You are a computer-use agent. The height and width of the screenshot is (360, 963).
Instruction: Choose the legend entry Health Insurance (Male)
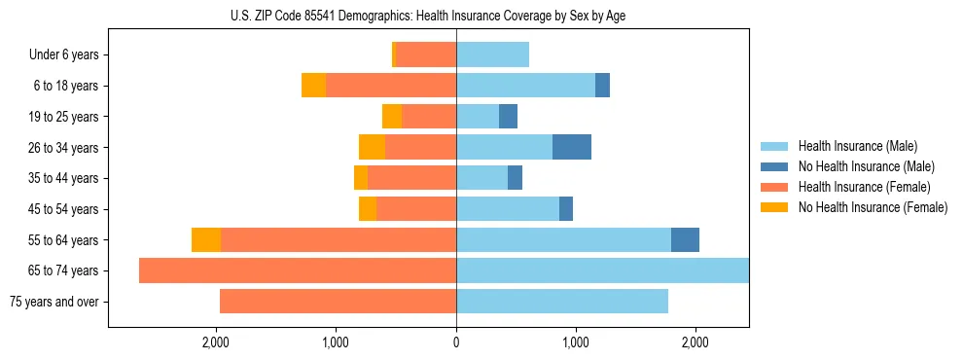tap(857, 146)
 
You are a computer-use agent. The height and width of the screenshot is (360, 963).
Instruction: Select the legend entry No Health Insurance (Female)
tap(873, 207)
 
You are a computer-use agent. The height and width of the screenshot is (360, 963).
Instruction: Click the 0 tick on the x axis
tap(456, 342)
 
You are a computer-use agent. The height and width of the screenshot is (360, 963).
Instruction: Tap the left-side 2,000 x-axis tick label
tap(215, 342)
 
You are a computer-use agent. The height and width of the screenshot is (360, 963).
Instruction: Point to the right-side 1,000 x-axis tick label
tap(576, 342)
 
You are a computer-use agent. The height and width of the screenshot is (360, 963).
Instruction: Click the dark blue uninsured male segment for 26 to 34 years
tap(572, 147)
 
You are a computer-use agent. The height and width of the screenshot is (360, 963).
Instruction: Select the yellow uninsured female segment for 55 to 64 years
tap(206, 239)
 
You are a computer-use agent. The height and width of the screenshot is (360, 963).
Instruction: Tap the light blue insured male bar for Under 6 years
tap(492, 54)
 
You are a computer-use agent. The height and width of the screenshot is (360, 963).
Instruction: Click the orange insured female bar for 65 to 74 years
tap(298, 270)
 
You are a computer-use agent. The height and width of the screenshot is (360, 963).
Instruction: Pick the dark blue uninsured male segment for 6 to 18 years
tap(603, 86)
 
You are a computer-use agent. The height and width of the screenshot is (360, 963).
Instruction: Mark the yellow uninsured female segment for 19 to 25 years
tap(392, 117)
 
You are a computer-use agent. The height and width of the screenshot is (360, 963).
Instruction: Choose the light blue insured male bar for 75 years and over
tap(562, 302)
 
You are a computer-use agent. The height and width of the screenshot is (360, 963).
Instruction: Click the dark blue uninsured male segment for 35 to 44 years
tap(516, 178)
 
